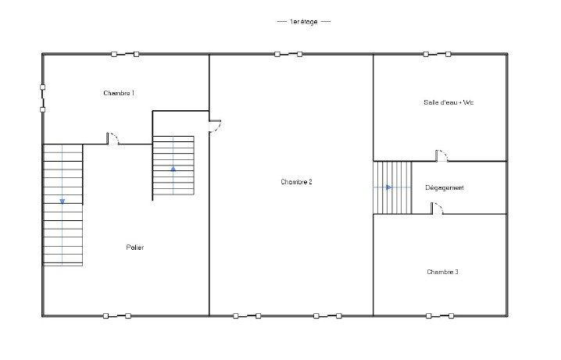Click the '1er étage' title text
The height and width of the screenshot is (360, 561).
(303, 22)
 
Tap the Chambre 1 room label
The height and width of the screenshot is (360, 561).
(119, 93)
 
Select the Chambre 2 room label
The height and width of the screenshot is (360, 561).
(296, 182)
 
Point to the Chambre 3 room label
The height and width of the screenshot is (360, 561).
(442, 272)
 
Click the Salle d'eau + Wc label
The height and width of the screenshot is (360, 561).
(448, 102)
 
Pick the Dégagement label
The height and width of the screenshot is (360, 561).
(445, 187)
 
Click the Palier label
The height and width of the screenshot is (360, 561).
(135, 248)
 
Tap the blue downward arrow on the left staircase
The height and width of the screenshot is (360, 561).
(63, 201)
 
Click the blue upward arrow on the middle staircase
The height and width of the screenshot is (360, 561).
(173, 169)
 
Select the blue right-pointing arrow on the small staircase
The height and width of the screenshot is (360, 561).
(389, 187)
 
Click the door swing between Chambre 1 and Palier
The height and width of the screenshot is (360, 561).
(113, 139)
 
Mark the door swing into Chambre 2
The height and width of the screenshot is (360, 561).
(215, 127)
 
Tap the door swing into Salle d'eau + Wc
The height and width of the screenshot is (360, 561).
(441, 156)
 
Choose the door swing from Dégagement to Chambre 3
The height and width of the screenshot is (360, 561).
(437, 209)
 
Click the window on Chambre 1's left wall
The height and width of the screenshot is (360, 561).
(42, 98)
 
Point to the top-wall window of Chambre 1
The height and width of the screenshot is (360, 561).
(125, 55)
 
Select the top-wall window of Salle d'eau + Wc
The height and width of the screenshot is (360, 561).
(437, 55)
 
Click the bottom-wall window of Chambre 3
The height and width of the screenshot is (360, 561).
(440, 316)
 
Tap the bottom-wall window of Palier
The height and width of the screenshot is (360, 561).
(117, 316)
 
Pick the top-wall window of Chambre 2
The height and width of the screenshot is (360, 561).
(288, 55)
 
